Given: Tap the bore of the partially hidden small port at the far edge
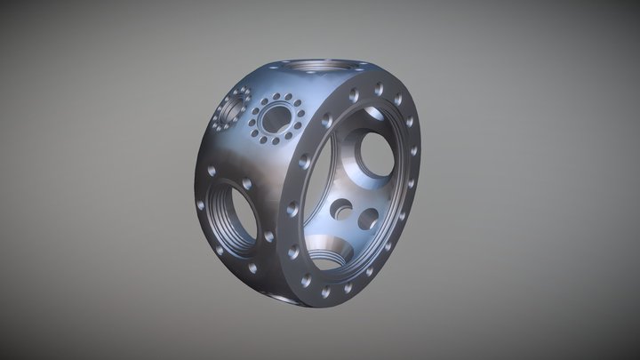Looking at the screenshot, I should tap(228, 110).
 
